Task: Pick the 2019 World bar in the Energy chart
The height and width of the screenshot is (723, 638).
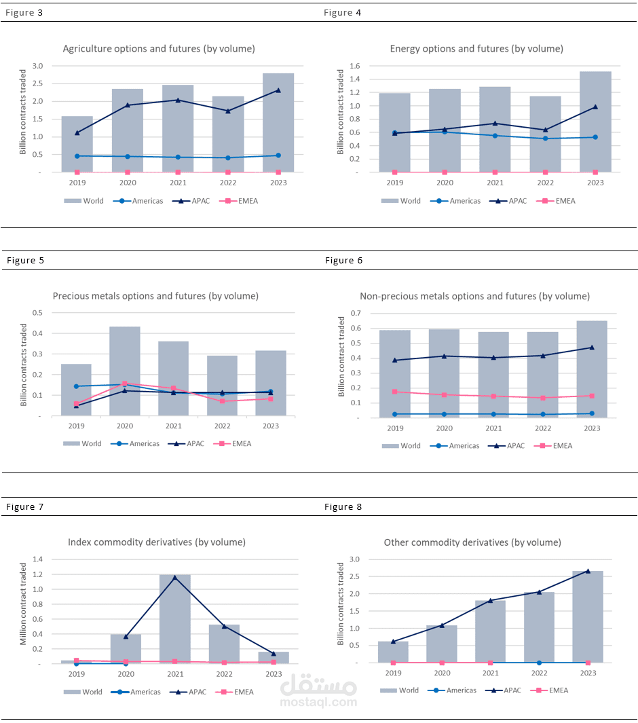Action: coord(394,132)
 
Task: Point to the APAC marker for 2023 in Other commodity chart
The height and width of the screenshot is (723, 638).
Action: coord(588,571)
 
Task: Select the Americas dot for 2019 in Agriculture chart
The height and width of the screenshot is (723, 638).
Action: coord(77,156)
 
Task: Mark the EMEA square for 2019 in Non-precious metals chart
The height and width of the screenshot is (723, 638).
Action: coord(395,392)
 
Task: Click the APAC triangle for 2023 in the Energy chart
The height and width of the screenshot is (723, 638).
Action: coord(595,107)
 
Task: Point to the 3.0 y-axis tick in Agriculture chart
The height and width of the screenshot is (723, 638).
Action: coord(37,66)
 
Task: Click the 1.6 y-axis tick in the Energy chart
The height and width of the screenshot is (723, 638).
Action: coord(354,66)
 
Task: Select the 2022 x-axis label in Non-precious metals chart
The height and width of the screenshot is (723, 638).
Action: coord(542,428)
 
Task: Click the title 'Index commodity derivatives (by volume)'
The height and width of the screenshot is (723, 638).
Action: coord(157,542)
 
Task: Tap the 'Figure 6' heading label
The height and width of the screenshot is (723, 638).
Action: coord(343,261)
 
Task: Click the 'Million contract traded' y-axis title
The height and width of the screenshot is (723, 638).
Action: coord(24,604)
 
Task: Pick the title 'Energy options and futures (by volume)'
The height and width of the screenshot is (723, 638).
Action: coord(476,49)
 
